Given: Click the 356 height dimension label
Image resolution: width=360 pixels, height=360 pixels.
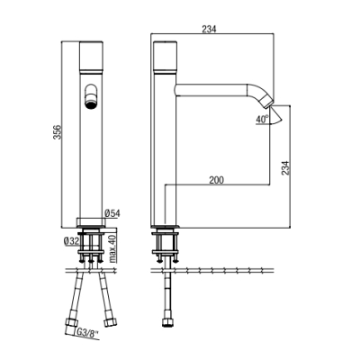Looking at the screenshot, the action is pyautogui.click(x=57, y=132).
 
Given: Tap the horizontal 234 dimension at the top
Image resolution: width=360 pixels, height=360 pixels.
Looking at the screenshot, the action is pyautogui.click(x=209, y=29).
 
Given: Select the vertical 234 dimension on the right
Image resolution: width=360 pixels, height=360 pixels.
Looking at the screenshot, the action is pyautogui.click(x=285, y=168).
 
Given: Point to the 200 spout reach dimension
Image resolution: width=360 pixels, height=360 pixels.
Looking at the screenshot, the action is pyautogui.click(x=217, y=180).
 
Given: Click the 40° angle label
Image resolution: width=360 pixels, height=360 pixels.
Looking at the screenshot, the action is pyautogui.click(x=262, y=119).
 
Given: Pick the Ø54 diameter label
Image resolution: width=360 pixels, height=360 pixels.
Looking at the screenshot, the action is pyautogui.click(x=112, y=213).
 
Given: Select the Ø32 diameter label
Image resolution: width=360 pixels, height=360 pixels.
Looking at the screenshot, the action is pyautogui.click(x=71, y=241).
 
